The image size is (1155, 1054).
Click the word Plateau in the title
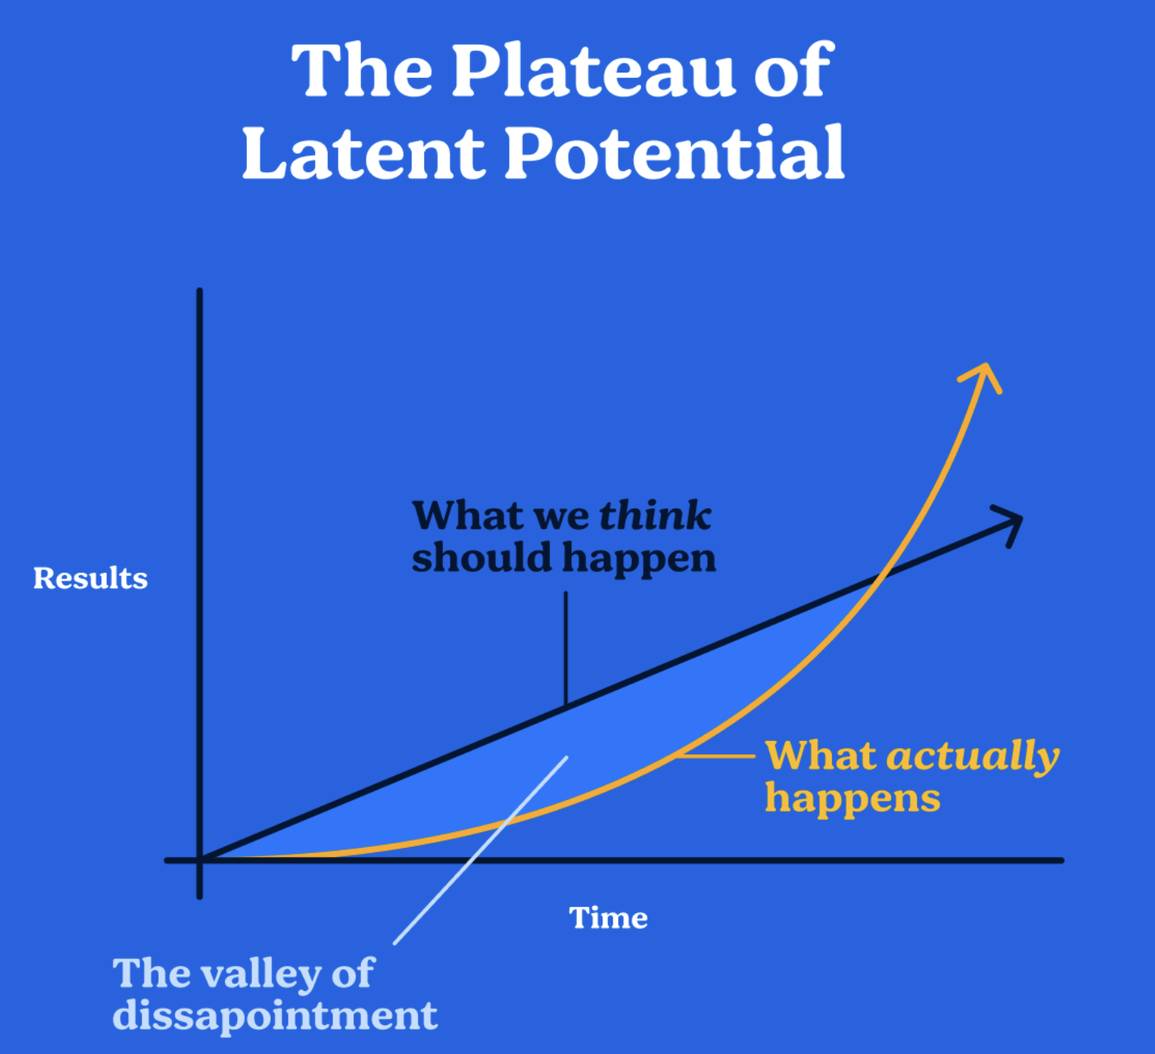point(594,71)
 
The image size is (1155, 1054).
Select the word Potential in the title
point(675,152)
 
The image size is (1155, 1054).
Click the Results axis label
point(90,578)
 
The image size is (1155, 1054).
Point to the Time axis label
point(609,918)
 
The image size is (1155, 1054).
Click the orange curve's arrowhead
point(981,378)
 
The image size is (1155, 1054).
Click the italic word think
point(655,515)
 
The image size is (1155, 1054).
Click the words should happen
point(564,559)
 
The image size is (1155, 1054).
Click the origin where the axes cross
point(200,860)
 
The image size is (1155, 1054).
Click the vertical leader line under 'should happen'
point(566,648)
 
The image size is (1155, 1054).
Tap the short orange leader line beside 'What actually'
point(717,756)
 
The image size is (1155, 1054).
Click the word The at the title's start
point(362,71)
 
